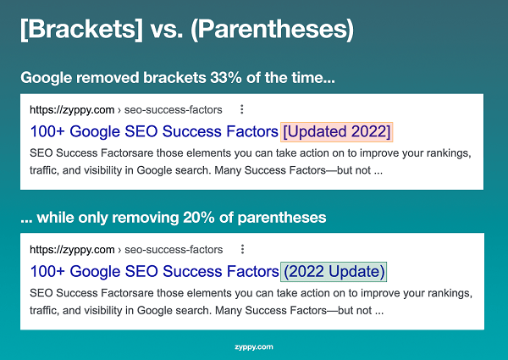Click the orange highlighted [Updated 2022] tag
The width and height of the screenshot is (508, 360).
tap(337, 132)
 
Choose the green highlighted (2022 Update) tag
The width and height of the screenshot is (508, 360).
tap(334, 272)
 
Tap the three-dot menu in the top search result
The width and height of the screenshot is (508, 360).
tap(242, 109)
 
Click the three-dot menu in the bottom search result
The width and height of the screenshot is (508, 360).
tap(242, 249)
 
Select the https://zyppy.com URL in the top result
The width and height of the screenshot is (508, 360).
tap(72, 109)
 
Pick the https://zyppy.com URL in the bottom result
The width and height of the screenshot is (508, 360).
tap(72, 249)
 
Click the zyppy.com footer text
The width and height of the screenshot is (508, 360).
tap(254, 347)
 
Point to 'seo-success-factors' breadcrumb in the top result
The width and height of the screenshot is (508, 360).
tap(174, 109)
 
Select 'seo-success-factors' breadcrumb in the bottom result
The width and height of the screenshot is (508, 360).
tap(174, 249)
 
